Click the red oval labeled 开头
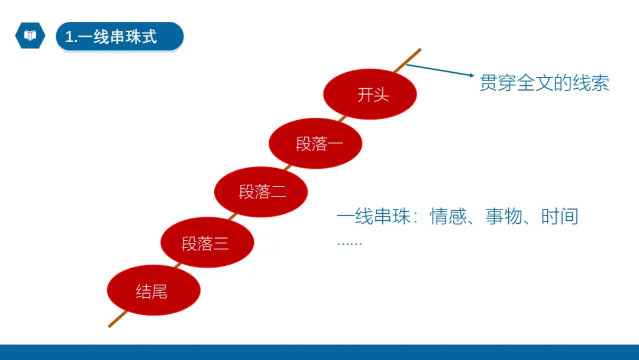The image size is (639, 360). [x=370, y=95]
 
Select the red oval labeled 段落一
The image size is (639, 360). [x=315, y=143]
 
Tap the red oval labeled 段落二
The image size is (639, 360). [x=261, y=192]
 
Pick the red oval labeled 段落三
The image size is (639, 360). [x=207, y=243]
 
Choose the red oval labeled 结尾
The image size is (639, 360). [x=154, y=291]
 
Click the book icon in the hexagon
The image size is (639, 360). [x=30, y=36]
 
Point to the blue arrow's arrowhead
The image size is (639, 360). [x=472, y=76]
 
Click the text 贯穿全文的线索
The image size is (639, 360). [x=544, y=83]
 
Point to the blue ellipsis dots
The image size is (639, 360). [x=349, y=243]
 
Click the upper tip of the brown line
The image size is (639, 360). [x=419, y=50]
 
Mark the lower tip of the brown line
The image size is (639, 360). [x=110, y=325]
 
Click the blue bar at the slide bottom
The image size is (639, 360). [x=319, y=352]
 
